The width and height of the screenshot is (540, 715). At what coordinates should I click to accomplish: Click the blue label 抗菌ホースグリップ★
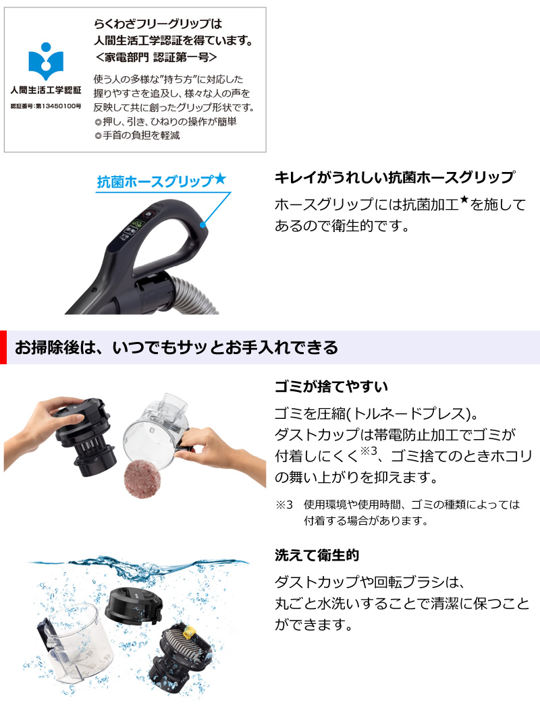pyautogui.click(x=161, y=181)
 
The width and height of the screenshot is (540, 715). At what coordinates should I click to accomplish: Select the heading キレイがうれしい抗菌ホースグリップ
pyautogui.click(x=394, y=177)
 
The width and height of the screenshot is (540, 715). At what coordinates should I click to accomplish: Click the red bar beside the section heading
pyautogui.click(x=3, y=347)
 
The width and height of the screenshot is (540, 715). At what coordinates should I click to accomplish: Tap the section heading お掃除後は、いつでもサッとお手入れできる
pyautogui.click(x=176, y=348)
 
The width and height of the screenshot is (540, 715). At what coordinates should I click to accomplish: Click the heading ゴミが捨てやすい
pyautogui.click(x=331, y=387)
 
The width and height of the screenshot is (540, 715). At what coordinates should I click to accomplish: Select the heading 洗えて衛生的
pyautogui.click(x=317, y=555)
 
